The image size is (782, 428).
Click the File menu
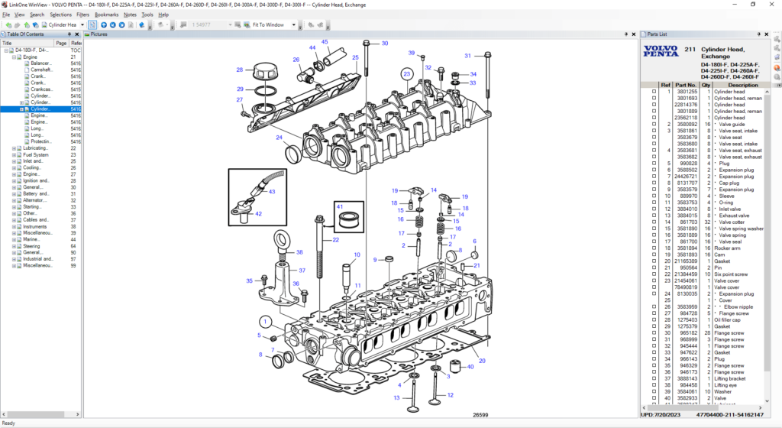[x=6, y=15]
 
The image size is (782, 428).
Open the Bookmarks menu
[x=106, y=15]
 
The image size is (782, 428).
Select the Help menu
[x=163, y=15]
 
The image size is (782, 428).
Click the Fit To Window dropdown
[x=271, y=24]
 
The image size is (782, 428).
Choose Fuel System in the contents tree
[x=35, y=155]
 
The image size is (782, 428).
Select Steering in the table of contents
[x=31, y=246]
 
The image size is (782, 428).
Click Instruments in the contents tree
[x=35, y=226]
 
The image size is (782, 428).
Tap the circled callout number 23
[x=407, y=74]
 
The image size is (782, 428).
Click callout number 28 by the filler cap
[x=239, y=70]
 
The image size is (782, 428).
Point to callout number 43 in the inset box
[x=271, y=192]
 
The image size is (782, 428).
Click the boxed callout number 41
[x=339, y=207]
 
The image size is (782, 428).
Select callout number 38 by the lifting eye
[x=299, y=252]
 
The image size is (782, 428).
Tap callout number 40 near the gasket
[x=470, y=366]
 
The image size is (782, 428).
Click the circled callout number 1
[x=264, y=321]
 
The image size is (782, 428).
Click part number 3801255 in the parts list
[x=686, y=92]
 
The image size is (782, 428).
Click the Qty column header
[x=707, y=85]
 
